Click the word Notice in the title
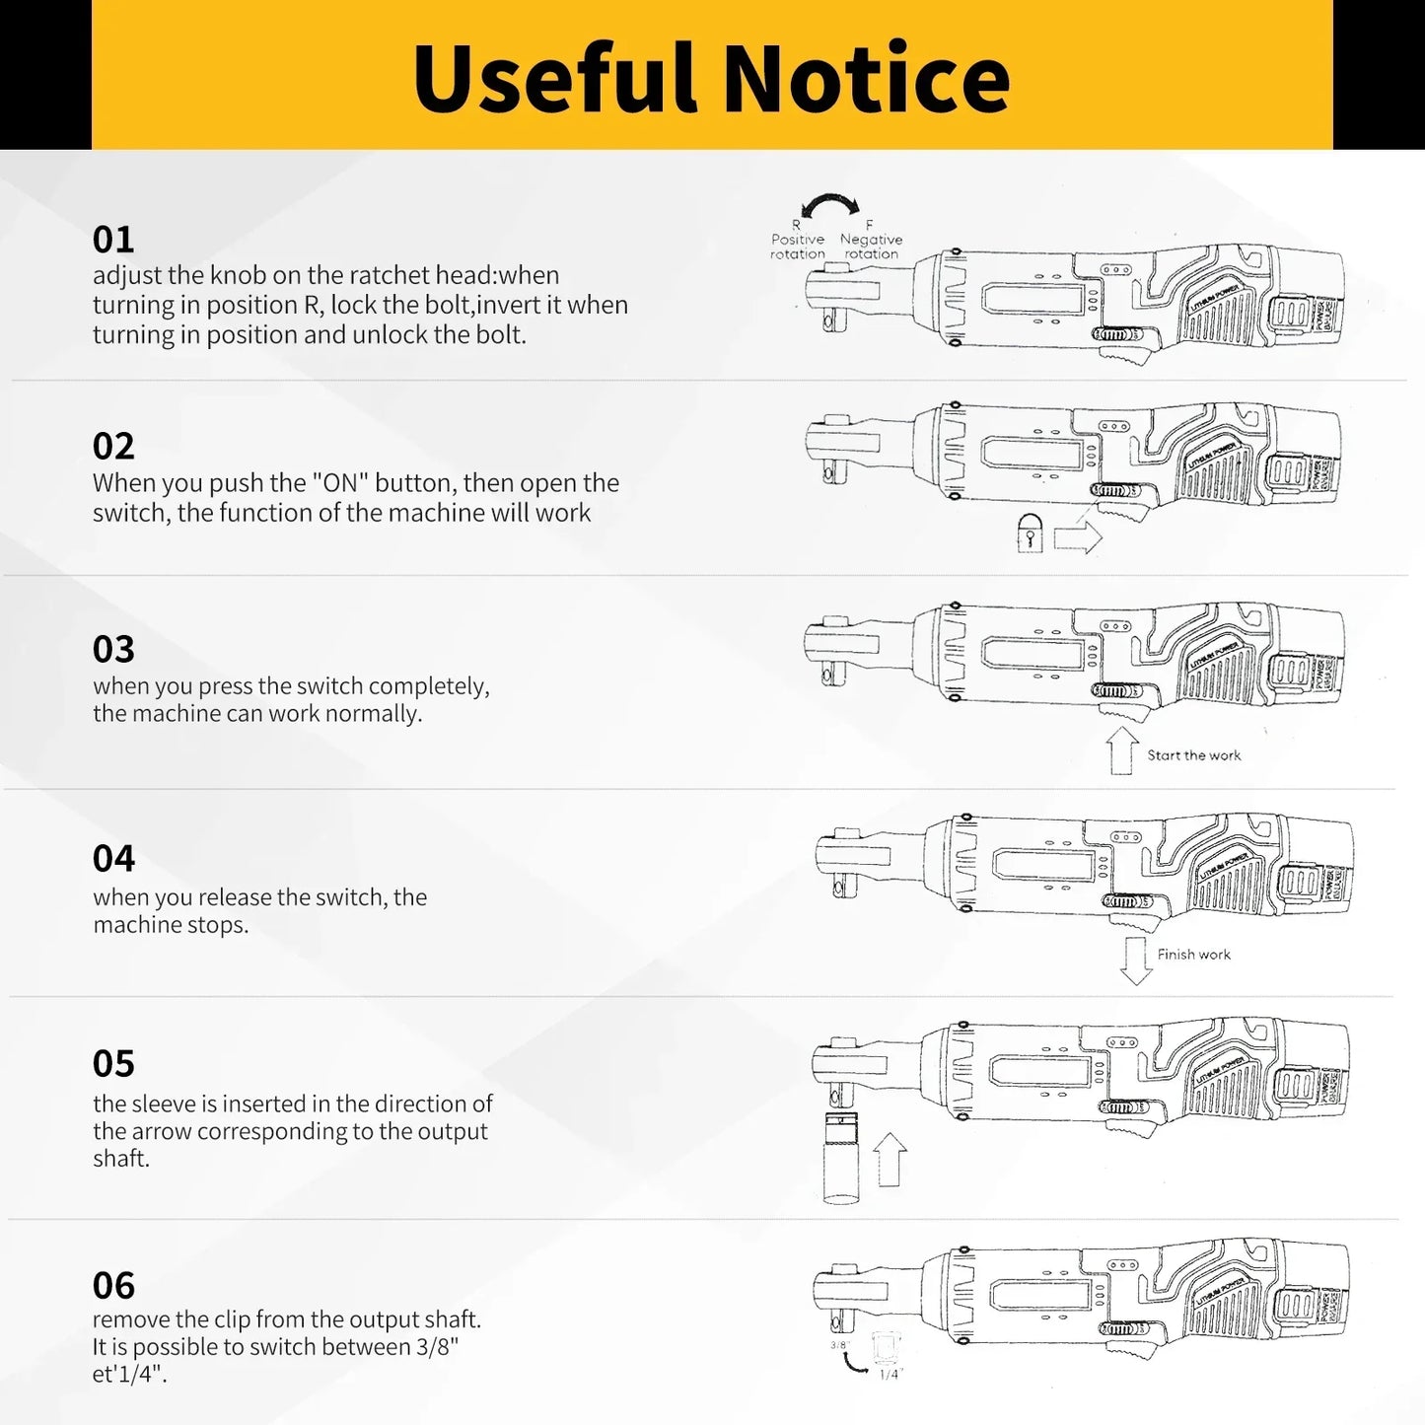click(x=867, y=78)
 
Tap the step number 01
click(x=113, y=240)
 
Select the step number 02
click(x=113, y=447)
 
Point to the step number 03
click(x=113, y=650)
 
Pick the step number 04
click(x=113, y=859)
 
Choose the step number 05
click(x=113, y=1064)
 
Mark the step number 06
click(x=113, y=1286)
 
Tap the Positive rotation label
click(x=798, y=246)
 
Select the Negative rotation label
click(x=871, y=246)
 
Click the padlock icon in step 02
click(x=1030, y=536)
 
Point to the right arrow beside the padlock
click(x=1077, y=538)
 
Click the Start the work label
click(x=1193, y=755)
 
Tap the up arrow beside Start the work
click(x=1122, y=750)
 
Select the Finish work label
click(x=1193, y=955)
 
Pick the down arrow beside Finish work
click(x=1136, y=962)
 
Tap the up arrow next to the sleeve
click(x=891, y=1160)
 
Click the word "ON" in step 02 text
click(x=334, y=483)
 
